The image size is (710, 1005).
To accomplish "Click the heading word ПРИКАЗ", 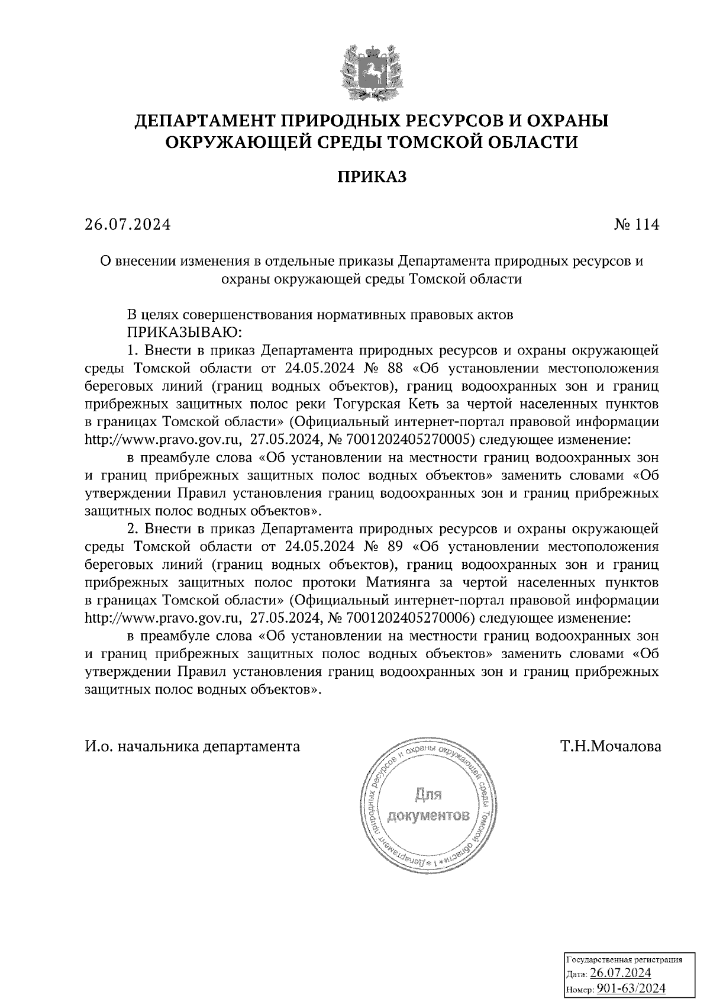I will coord(372,177).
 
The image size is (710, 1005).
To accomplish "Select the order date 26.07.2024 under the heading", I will coord(127,225).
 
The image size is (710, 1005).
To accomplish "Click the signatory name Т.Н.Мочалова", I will coord(611,746).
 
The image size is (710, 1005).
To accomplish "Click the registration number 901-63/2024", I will coord(631,988).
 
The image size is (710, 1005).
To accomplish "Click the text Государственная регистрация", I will coord(624,960).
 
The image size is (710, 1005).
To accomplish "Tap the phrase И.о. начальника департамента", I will coord(193,746).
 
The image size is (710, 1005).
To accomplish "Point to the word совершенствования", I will coord(248,314).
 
